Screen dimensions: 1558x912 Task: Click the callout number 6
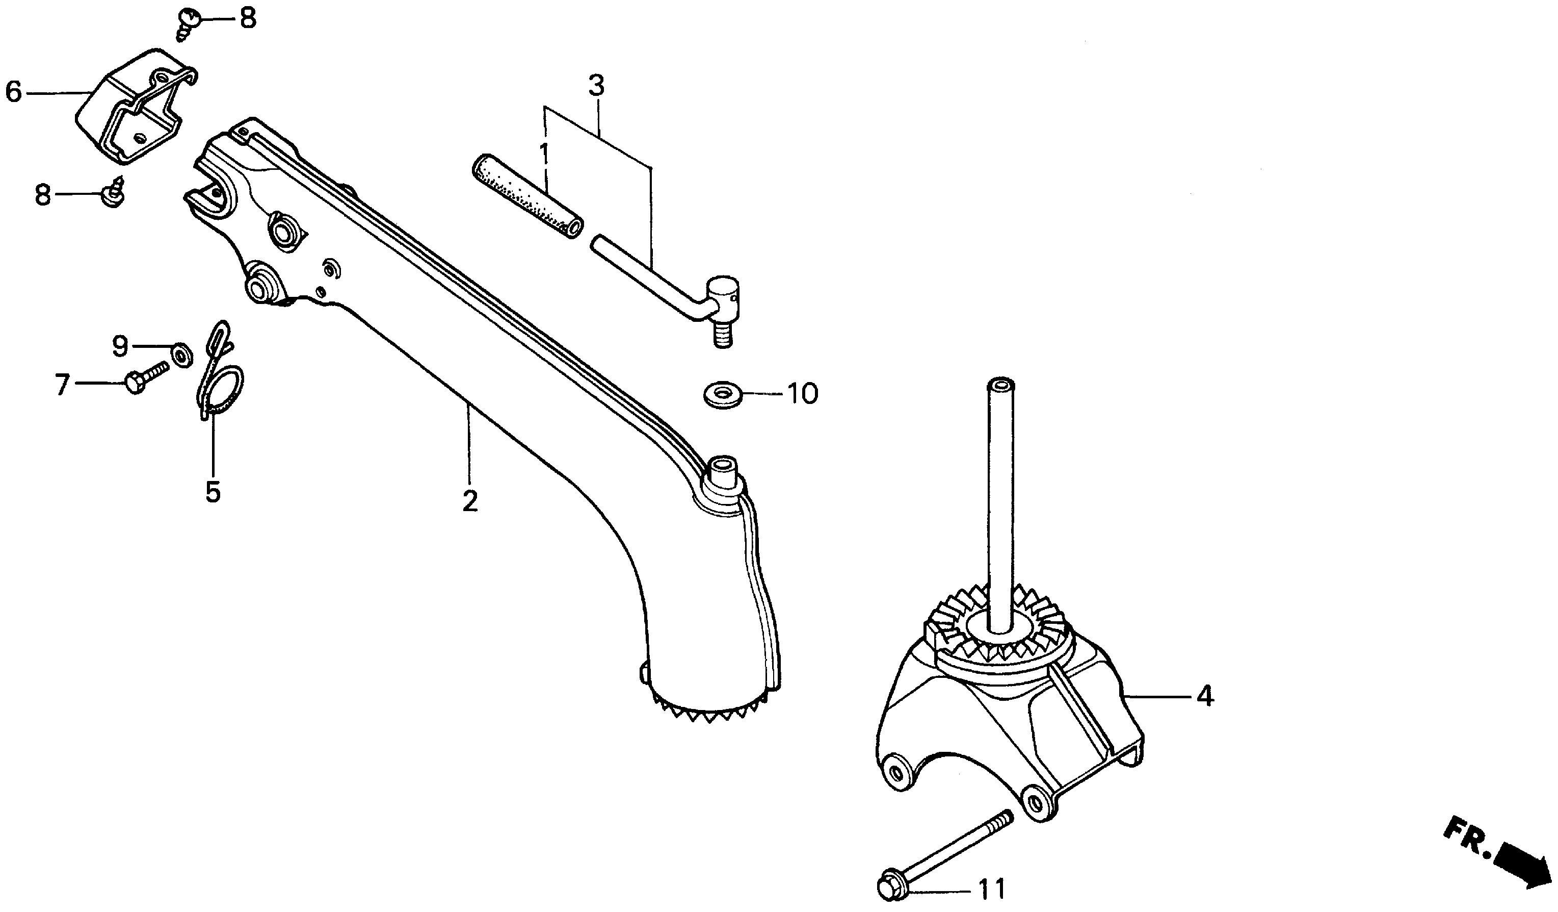pos(14,92)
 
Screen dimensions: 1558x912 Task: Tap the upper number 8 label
pos(247,18)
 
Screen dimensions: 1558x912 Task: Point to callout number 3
pos(595,87)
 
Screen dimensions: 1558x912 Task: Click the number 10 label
pos(803,393)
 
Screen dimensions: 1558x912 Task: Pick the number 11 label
pos(992,890)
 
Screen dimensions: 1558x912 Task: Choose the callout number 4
pos(1205,697)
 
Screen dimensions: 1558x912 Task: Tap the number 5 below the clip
pos(213,493)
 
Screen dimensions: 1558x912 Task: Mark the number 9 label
pos(120,346)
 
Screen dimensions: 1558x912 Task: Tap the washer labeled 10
pos(723,395)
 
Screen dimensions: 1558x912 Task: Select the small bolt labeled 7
pos(147,377)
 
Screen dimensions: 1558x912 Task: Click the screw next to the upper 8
pos(188,24)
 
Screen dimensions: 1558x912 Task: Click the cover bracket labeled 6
pos(136,107)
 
